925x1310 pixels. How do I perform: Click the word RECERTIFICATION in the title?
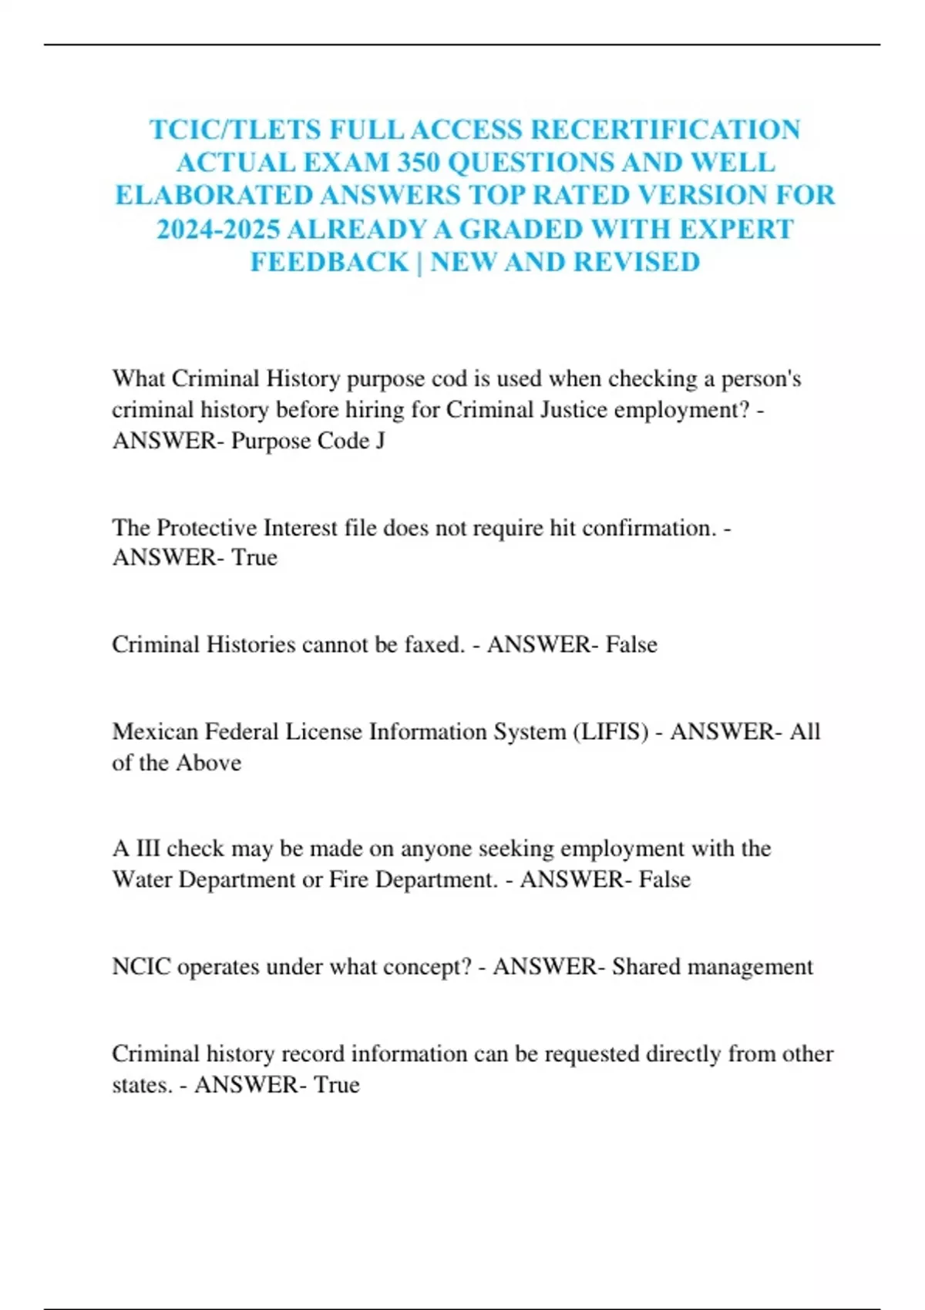pyautogui.click(x=665, y=129)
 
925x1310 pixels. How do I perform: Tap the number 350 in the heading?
pyautogui.click(x=419, y=163)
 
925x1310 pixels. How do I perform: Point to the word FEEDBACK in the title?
pyautogui.click(x=329, y=262)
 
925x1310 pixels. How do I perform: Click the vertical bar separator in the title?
pyautogui.click(x=419, y=262)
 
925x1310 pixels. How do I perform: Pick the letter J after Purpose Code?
pyautogui.click(x=380, y=441)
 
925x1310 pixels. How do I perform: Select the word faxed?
pyautogui.click(x=434, y=644)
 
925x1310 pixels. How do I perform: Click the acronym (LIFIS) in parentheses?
pyautogui.click(x=610, y=731)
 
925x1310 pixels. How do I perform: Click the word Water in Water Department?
pyautogui.click(x=142, y=879)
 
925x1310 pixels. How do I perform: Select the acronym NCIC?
pyautogui.click(x=141, y=966)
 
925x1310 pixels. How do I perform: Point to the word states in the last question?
pyautogui.click(x=142, y=1085)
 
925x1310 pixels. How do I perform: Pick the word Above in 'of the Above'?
pyautogui.click(x=208, y=763)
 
